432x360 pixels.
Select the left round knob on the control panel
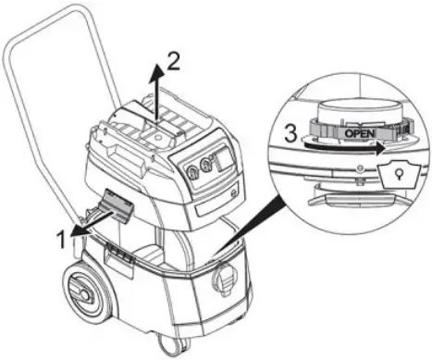[192, 170]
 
